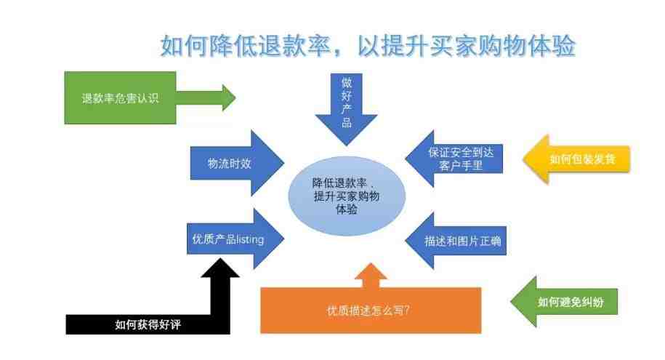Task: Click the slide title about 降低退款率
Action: [368, 46]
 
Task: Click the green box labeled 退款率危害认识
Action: [120, 97]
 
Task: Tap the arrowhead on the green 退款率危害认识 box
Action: [229, 97]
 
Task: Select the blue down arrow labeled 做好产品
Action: [346, 109]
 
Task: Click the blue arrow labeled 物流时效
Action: [237, 163]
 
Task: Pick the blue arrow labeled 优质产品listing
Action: [235, 239]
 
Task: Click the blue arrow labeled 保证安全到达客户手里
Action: [454, 159]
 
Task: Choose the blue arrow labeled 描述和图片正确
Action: [456, 241]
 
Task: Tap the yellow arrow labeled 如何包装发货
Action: [576, 159]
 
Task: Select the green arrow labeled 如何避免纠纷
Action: [564, 302]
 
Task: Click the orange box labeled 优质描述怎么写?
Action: [370, 311]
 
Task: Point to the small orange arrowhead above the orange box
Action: [371, 274]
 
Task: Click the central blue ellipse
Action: [347, 196]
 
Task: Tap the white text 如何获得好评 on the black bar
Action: [148, 325]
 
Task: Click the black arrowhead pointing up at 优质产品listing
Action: [220, 268]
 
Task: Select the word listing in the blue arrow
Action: [250, 239]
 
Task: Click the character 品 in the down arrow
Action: [347, 123]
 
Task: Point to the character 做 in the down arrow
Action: [347, 82]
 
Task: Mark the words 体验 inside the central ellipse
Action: [346, 209]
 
